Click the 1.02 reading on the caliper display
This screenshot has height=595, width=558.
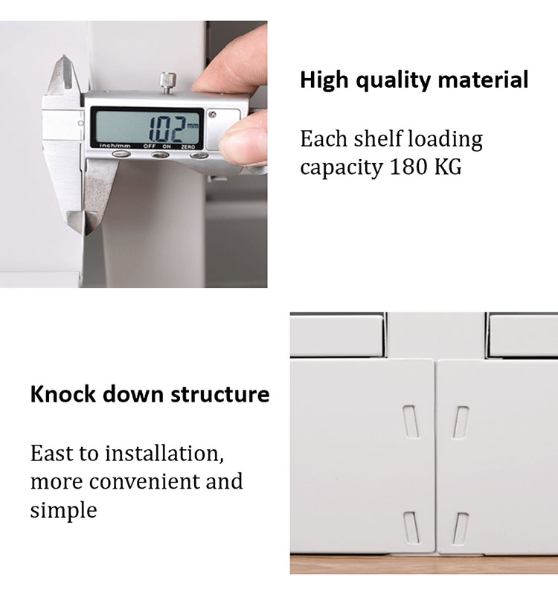pyautogui.click(x=168, y=128)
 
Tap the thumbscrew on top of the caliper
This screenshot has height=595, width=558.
pyautogui.click(x=166, y=83)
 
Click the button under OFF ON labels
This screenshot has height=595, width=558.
pyautogui.click(x=160, y=155)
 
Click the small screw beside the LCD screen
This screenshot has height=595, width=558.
pyautogui.click(x=213, y=115)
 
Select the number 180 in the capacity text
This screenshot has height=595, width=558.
pyautogui.click(x=408, y=166)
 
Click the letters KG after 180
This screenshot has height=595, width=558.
pyautogui.click(x=448, y=166)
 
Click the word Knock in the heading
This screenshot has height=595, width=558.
pyautogui.click(x=62, y=394)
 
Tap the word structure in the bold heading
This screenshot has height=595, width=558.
pyautogui.click(x=220, y=394)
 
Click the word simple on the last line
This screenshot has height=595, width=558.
pyautogui.click(x=63, y=510)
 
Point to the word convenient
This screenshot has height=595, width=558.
pyautogui.click(x=144, y=481)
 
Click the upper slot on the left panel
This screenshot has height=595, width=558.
pyautogui.click(x=411, y=421)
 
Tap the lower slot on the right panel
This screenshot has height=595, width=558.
pyautogui.click(x=461, y=529)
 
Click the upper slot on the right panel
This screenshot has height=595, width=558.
pyautogui.click(x=461, y=422)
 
